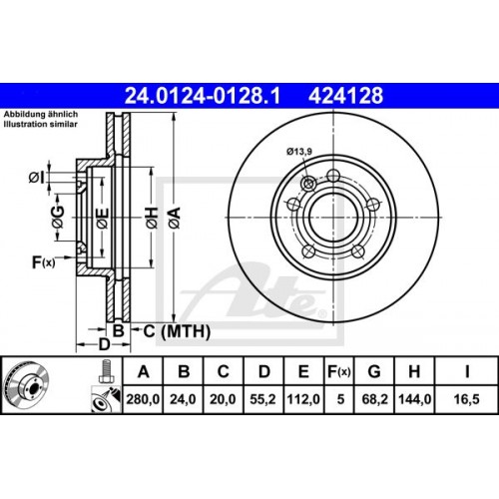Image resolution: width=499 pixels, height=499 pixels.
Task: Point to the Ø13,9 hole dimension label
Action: point(298,151)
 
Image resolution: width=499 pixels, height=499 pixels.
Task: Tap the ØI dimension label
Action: point(36,177)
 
